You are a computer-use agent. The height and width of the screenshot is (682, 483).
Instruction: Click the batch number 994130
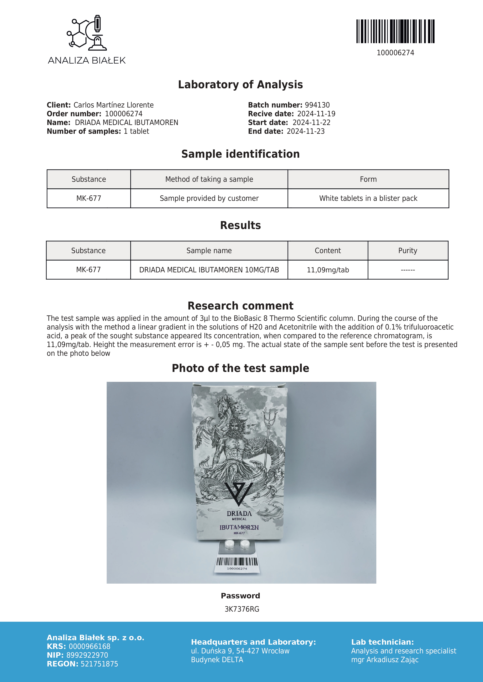click(x=317, y=105)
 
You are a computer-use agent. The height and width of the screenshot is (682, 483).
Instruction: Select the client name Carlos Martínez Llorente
click(x=114, y=105)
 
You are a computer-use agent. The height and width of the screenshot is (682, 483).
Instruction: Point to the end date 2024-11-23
click(x=305, y=131)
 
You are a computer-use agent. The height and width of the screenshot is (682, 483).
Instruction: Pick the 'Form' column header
click(x=368, y=179)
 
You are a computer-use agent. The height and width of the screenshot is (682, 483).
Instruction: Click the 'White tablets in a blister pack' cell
click(x=368, y=198)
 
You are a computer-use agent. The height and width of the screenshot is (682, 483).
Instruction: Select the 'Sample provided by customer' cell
click(x=209, y=198)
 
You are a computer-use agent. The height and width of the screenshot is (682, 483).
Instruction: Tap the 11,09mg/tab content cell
click(x=328, y=270)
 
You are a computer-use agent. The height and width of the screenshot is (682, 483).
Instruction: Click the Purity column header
click(x=407, y=251)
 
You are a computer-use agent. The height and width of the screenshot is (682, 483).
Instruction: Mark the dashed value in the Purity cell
click(x=407, y=270)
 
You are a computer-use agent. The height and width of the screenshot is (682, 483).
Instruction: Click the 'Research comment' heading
click(x=240, y=306)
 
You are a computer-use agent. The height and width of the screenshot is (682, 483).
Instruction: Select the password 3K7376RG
click(x=242, y=609)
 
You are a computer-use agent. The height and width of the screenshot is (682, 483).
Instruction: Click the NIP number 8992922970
click(x=87, y=655)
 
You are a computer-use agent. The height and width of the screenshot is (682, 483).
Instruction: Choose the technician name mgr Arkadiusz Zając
click(x=385, y=660)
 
